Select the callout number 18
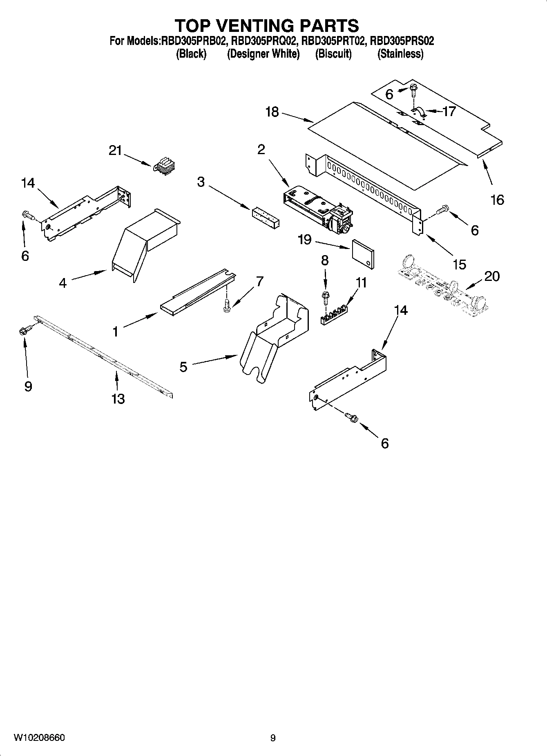tap(272, 112)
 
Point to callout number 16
tap(497, 200)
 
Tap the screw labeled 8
tap(326, 295)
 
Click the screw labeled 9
tap(24, 330)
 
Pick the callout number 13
tap(118, 399)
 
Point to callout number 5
tap(183, 367)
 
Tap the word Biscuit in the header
tap(333, 54)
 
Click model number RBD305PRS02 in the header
tap(402, 41)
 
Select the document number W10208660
tap(39, 738)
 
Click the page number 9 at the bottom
tap(273, 738)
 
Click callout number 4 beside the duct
tap(63, 283)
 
